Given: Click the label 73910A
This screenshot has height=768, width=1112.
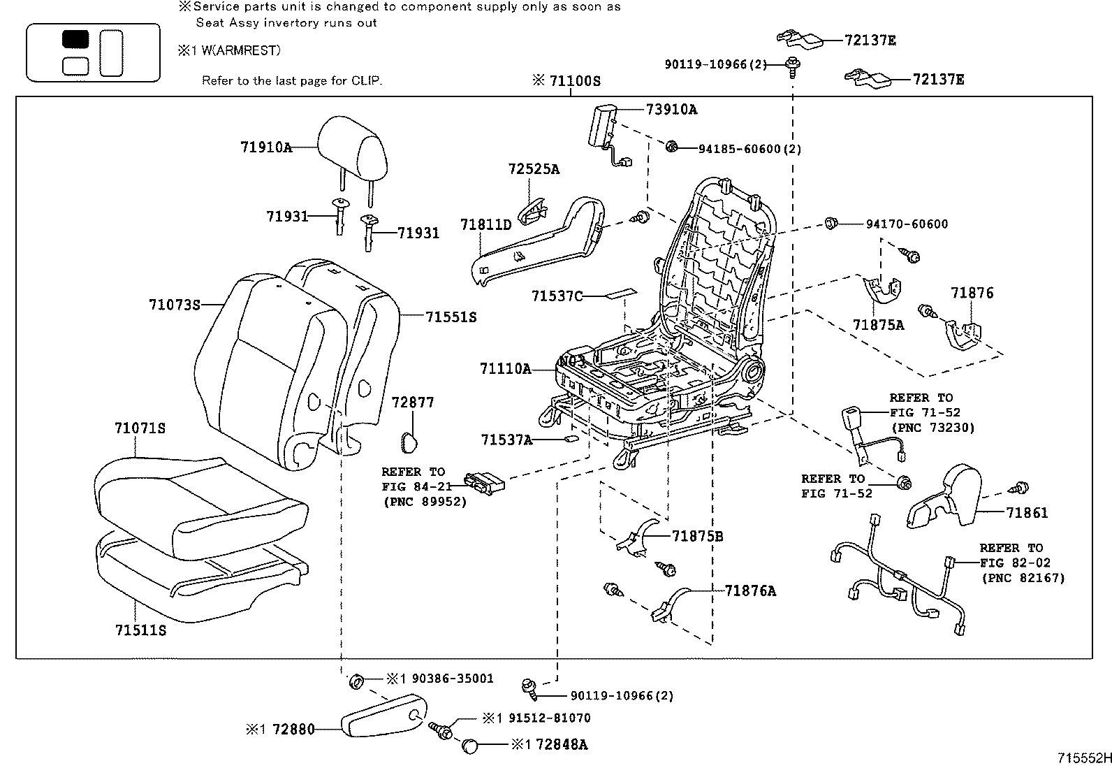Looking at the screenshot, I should point(671,109).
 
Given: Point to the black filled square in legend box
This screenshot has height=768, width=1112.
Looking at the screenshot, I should point(75,39).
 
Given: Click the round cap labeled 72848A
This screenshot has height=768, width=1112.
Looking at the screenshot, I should point(470,746).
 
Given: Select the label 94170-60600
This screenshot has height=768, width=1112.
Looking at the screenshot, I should point(907,224).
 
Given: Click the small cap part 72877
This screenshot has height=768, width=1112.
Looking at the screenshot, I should point(407,441).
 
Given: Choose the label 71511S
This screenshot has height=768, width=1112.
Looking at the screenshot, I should point(140,630).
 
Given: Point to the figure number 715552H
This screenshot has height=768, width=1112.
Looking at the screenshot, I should point(1082,758).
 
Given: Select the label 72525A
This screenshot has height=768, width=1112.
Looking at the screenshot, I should point(534,169).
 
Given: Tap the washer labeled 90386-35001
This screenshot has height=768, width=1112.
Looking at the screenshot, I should point(355,680).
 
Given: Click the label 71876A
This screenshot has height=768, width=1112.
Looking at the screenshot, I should point(750,591).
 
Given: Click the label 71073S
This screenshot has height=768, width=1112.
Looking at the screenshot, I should point(174,305).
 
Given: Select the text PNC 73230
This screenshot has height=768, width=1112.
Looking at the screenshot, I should point(932,427).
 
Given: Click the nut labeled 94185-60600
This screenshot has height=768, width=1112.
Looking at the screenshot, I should point(671,147).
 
